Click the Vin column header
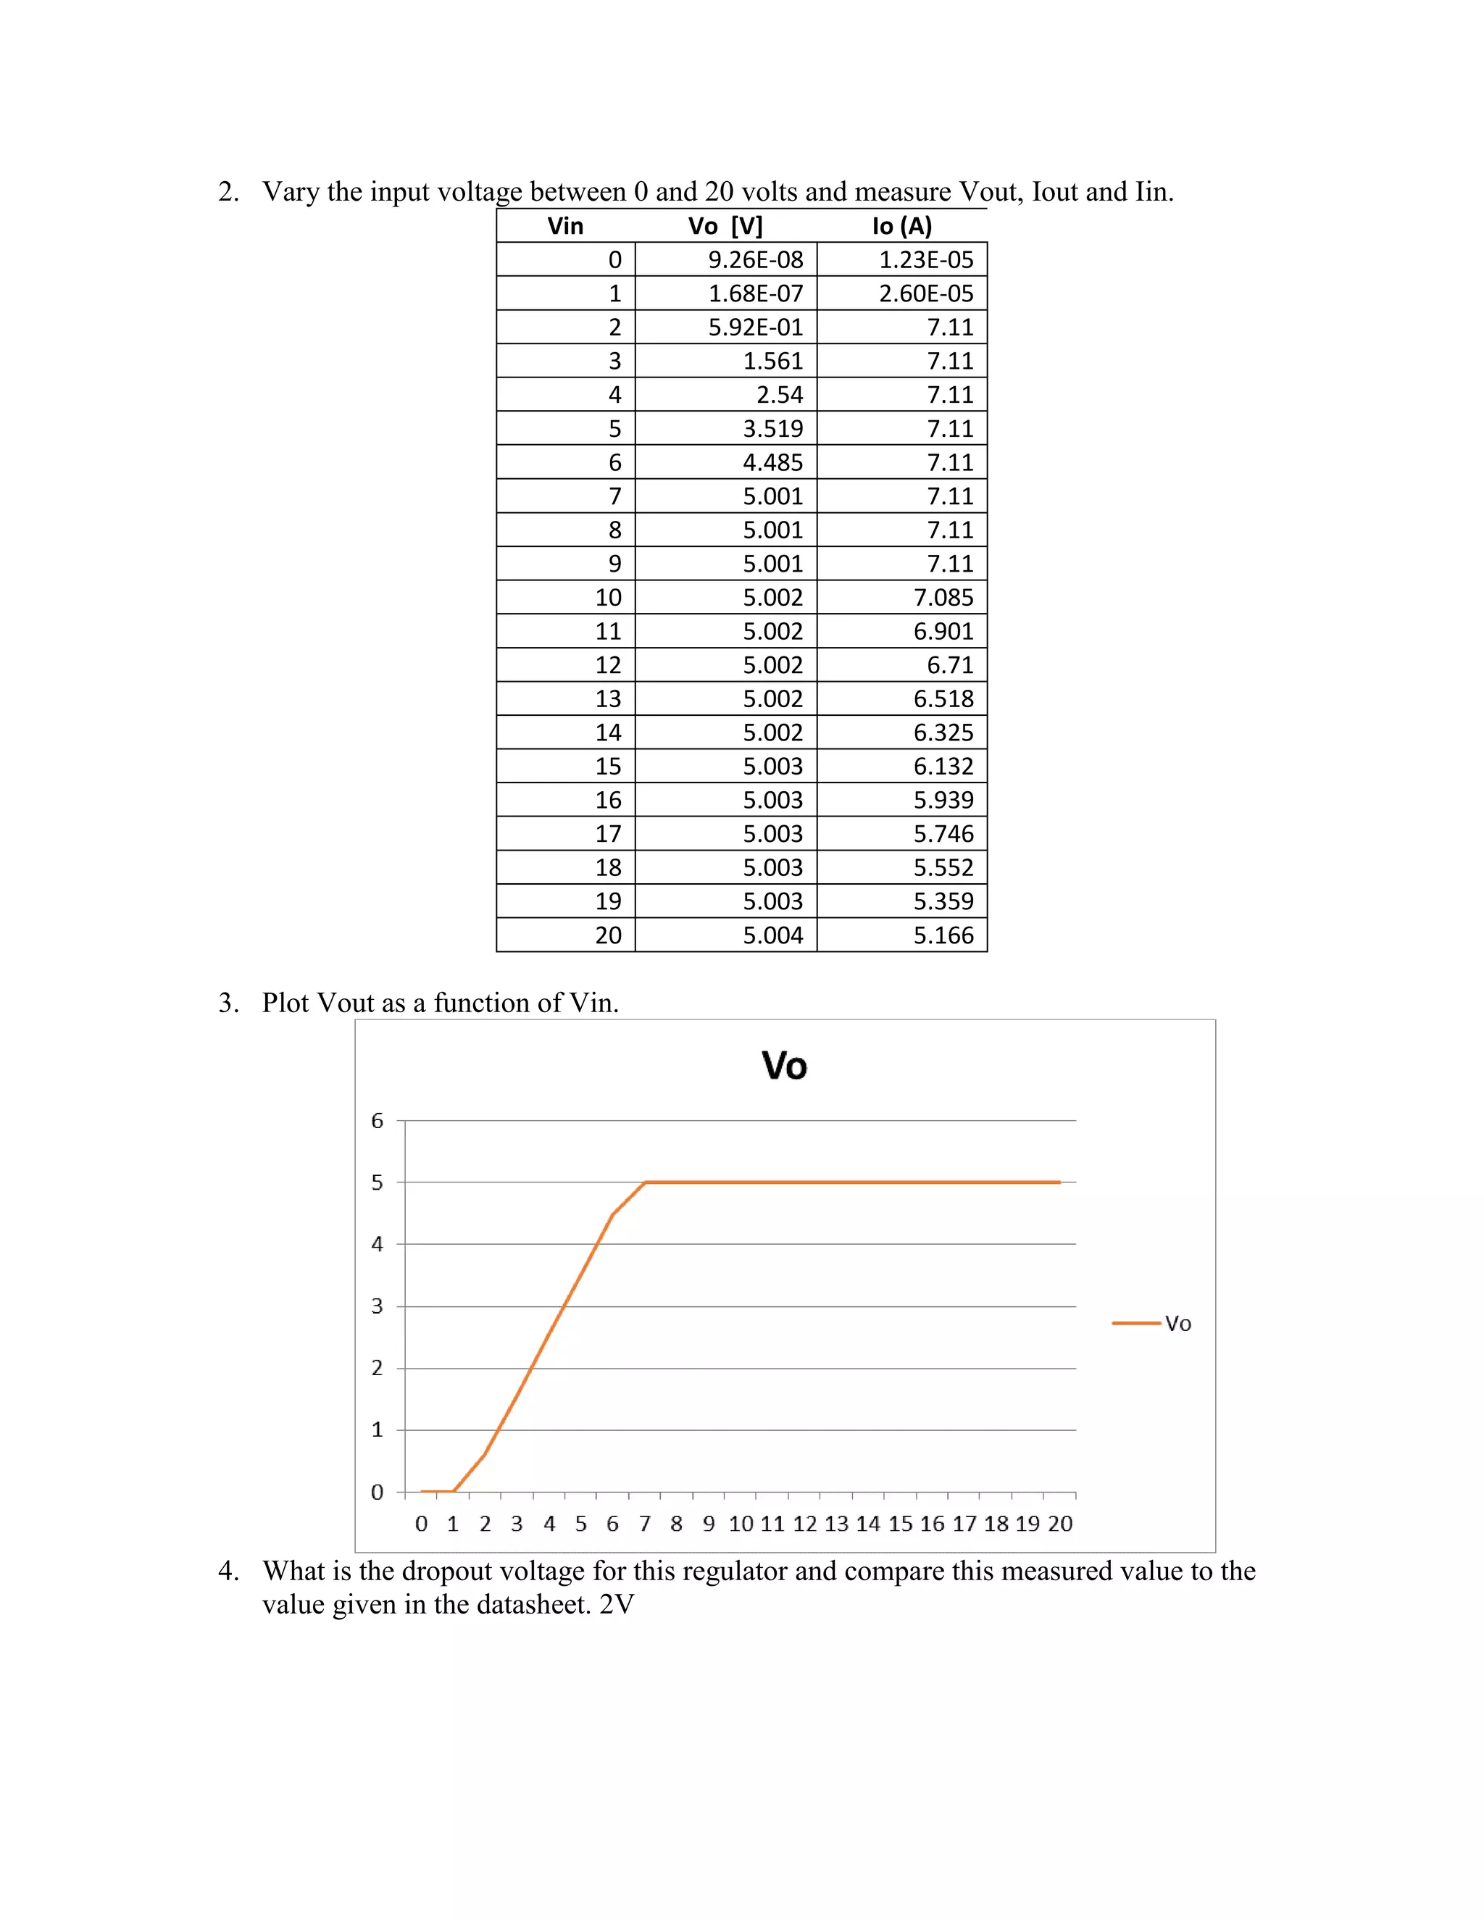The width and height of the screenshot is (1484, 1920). click(x=565, y=226)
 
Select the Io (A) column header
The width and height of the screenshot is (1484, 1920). click(x=901, y=226)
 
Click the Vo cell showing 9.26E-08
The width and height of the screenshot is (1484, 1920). click(x=755, y=260)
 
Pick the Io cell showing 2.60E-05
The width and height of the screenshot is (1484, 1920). click(x=926, y=293)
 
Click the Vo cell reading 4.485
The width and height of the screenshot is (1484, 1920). click(x=772, y=462)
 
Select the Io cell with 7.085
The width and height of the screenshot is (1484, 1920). click(x=943, y=598)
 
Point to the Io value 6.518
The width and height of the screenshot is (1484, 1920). click(x=943, y=699)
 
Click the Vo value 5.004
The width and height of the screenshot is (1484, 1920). click(x=772, y=935)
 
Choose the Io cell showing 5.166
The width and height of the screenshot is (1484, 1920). click(x=943, y=935)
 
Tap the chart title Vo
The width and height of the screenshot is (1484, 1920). click(x=784, y=1067)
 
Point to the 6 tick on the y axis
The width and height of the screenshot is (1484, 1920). click(x=377, y=1121)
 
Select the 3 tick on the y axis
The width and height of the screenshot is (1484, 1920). click(x=377, y=1306)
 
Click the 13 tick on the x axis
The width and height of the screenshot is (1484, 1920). click(x=836, y=1524)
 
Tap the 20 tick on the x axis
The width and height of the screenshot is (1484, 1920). click(x=1059, y=1524)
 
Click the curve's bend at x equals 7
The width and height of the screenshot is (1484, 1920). click(x=646, y=1182)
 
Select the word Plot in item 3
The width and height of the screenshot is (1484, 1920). click(x=285, y=1003)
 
